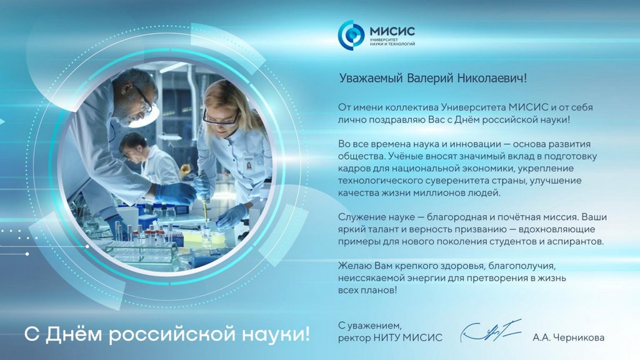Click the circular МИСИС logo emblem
(x=351, y=35)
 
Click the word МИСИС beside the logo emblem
(x=392, y=31)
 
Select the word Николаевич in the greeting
(x=492, y=77)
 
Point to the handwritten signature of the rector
(x=491, y=331)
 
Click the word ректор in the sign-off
(x=354, y=338)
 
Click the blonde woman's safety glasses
(x=221, y=119)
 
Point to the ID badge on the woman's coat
(x=249, y=162)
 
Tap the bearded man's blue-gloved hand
(x=176, y=193)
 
